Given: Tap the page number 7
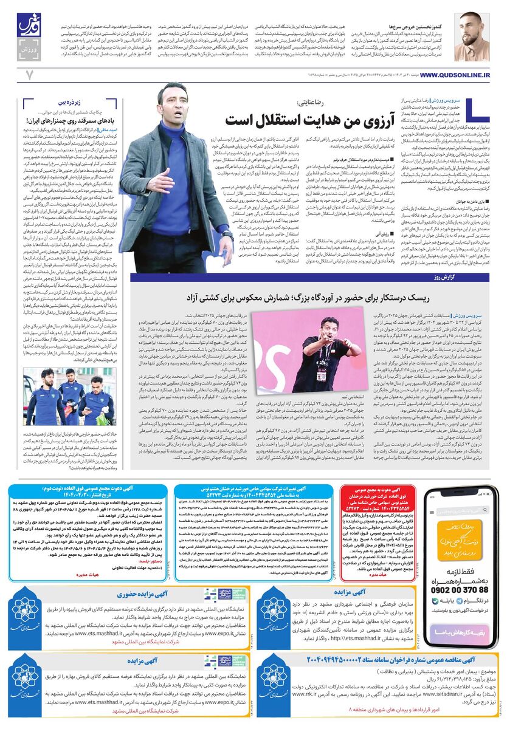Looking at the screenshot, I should [28, 74].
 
